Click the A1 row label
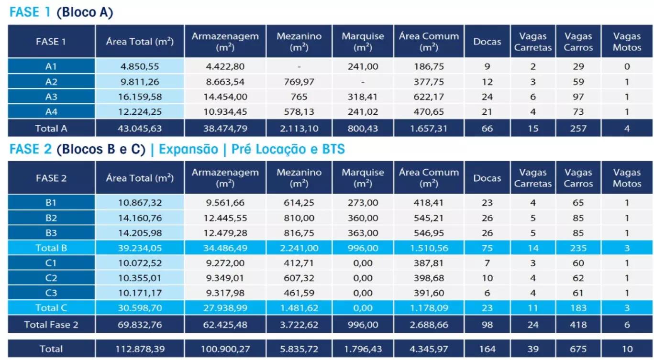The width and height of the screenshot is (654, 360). [51, 67]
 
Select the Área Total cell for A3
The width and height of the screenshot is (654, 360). [140, 97]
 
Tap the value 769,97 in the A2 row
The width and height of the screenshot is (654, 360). [299, 82]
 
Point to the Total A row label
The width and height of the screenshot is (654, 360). [51, 128]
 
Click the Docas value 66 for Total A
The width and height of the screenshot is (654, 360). [487, 128]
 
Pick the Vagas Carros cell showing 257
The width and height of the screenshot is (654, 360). [578, 128]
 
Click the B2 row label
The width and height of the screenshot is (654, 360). [51, 218]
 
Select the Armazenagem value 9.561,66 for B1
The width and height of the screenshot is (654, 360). [224, 203]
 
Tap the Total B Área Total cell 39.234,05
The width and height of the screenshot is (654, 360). [140, 248]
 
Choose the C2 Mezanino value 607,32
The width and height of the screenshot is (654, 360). [299, 278]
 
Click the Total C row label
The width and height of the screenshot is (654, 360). [51, 308]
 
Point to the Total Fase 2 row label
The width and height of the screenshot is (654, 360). [51, 325]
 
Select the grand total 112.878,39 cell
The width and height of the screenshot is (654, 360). [140, 349]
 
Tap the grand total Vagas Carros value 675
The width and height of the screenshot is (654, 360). [578, 349]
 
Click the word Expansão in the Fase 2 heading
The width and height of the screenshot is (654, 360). [188, 150]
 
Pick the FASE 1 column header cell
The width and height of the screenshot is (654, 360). [51, 42]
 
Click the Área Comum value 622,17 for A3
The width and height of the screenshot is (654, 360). [429, 97]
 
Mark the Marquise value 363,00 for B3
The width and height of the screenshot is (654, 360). [363, 233]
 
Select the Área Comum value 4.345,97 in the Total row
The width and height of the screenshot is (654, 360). [429, 349]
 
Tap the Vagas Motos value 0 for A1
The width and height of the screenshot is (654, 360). [627, 67]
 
